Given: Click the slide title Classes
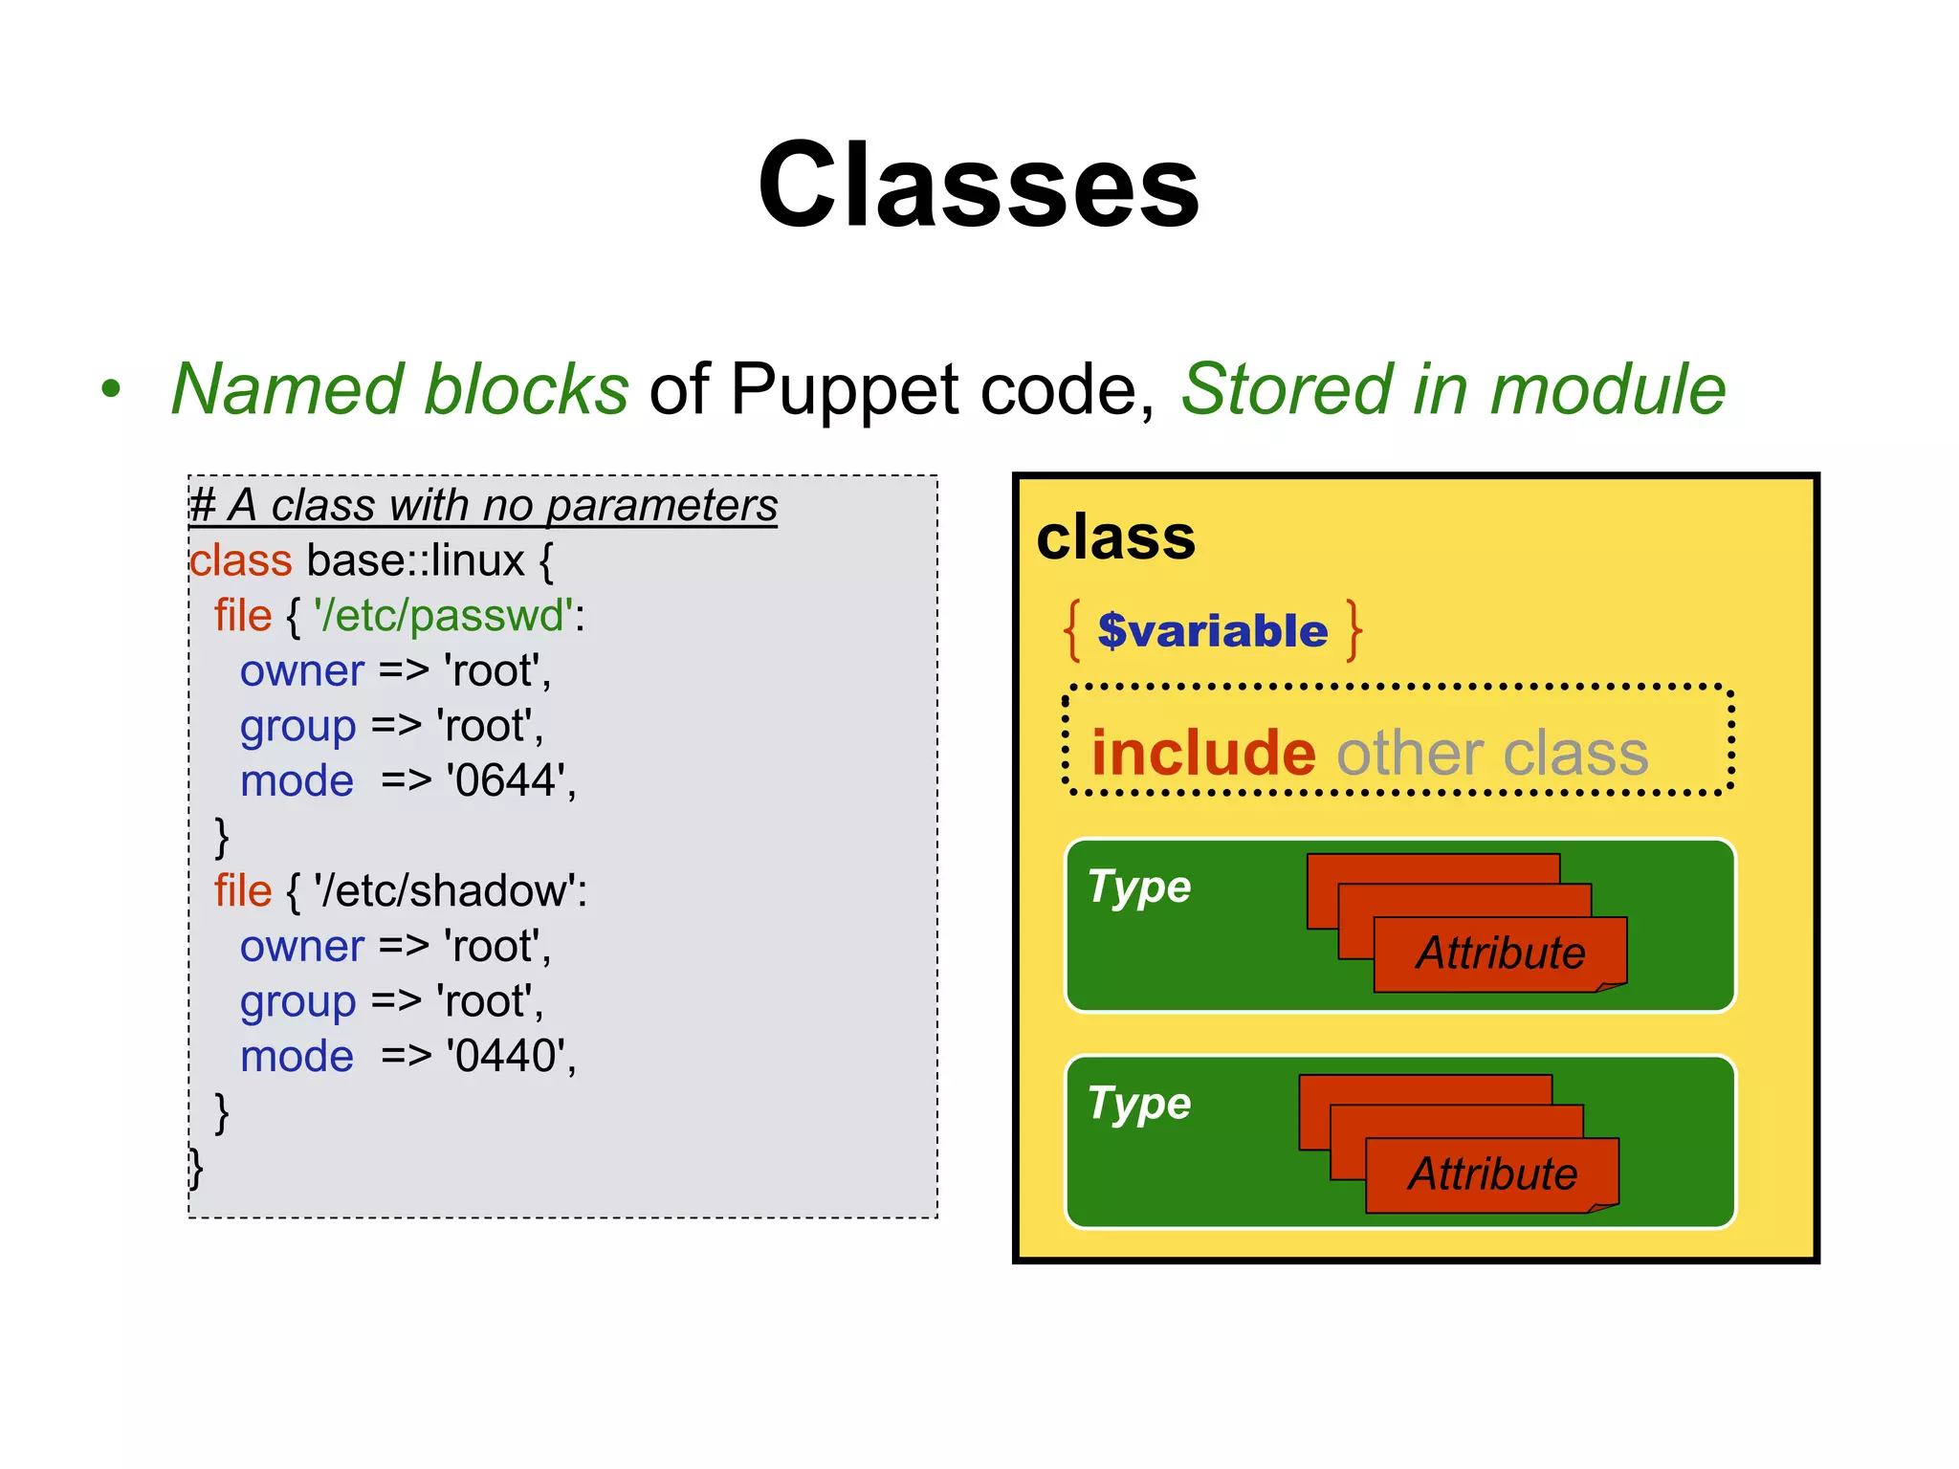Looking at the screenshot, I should (978, 185).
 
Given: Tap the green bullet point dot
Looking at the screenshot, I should (112, 389).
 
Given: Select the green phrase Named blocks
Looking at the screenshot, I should (400, 389).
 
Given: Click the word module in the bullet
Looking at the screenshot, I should (1607, 389).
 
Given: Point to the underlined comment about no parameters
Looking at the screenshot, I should (483, 505).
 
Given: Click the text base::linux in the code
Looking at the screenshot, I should (415, 560).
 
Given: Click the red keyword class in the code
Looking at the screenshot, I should (240, 560).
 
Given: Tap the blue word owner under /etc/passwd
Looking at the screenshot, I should (301, 670).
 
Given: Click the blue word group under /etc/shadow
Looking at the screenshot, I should (297, 1001).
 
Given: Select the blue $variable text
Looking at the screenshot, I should (1212, 631).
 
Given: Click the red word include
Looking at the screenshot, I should (1203, 753).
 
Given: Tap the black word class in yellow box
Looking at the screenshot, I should (1115, 537).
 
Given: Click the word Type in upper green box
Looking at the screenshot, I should (1138, 888).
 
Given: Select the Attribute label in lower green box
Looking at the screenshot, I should (1492, 1173).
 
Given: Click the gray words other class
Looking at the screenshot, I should (1492, 753).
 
